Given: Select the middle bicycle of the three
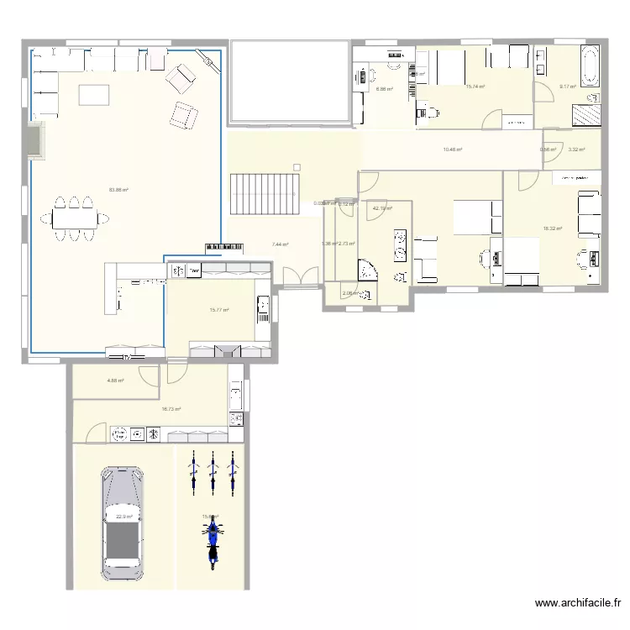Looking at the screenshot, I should [213, 471].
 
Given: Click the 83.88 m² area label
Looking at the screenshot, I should [118, 190].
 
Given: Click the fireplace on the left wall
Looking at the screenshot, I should [34, 139].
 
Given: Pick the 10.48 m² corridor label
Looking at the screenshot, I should [453, 150].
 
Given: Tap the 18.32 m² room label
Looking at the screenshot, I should [552, 228].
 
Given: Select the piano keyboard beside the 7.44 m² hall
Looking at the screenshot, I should [224, 247].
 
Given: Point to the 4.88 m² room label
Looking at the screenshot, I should [115, 381].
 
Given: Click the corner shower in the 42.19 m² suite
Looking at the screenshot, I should [367, 270].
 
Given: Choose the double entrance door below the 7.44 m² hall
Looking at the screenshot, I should [301, 278].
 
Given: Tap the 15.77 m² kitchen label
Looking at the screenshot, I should [219, 309].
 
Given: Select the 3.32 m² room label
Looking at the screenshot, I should [576, 150].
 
